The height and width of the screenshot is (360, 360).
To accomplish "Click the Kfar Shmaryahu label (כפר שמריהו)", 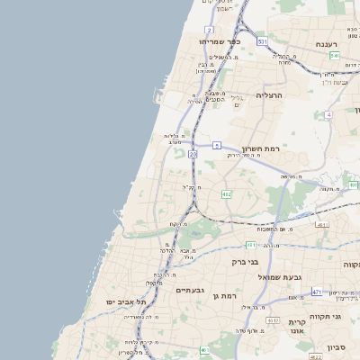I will pos(221,41).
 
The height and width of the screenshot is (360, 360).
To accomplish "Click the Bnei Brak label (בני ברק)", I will pos(246,262).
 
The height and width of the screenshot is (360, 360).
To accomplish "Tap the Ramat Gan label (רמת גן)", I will pos(221,295).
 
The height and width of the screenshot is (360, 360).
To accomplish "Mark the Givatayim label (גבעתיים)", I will pos(190,290).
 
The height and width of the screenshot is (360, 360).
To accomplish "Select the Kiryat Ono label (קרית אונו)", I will pos(299,327).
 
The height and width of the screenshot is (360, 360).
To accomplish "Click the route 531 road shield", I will pos(261,41).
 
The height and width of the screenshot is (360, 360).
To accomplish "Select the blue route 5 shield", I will pos(217,145).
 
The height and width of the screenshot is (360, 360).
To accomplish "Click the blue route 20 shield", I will pos(193,155).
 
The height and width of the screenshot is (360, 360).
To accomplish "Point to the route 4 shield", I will pos(329,115).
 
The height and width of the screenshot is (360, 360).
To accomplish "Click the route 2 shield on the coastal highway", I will pos(209,31).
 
